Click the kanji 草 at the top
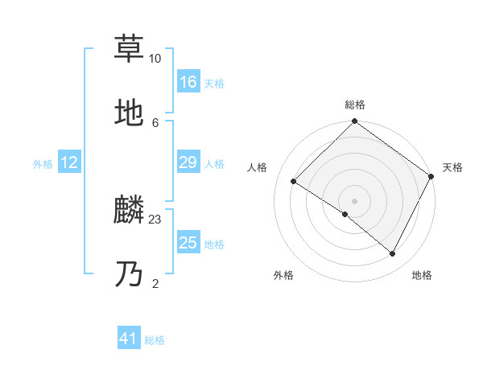coord(130,48)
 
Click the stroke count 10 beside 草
coord(155,59)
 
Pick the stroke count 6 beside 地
coord(155,122)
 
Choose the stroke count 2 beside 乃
coord(155,283)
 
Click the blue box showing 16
coord(188,82)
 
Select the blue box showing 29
coord(188,162)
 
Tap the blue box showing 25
coord(188,243)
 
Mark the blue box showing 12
coord(69,162)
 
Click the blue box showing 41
coord(129,339)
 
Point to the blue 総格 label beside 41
coord(155,340)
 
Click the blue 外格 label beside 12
coord(43,163)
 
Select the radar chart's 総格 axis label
coord(354,105)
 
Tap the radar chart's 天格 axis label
coord(452,167)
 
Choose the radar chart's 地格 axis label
coord(422,275)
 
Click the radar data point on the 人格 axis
coord(294,182)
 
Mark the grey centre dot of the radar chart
coord(354,200)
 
